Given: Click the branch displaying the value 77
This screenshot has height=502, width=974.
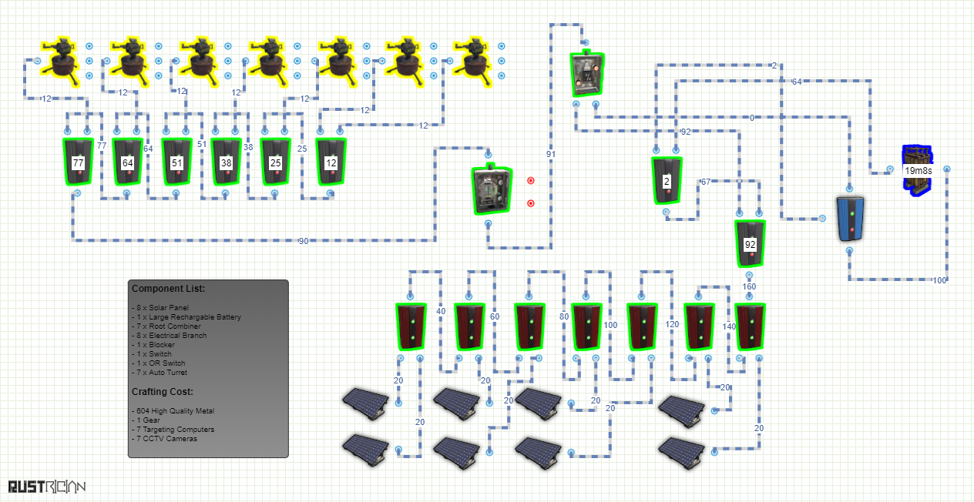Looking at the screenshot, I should coord(78,162).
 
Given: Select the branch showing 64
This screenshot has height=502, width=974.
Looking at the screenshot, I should coord(128,162).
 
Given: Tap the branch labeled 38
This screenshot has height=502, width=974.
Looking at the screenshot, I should coord(227,162).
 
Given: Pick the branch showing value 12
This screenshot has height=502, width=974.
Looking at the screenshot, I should coord(331,162).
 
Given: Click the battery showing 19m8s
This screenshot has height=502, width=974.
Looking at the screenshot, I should coord(917,169).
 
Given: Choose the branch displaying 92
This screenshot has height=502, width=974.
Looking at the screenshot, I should coord(750,244).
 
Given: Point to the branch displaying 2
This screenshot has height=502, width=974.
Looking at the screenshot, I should coord(667,181).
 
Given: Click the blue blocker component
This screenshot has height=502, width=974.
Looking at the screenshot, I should coord(850,219).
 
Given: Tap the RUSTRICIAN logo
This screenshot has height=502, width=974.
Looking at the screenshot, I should coord(46,487).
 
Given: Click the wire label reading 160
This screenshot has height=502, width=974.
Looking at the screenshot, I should coord(749,286).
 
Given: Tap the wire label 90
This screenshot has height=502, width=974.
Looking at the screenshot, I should coord(304,241).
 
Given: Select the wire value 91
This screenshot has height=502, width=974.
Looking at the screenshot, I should coord(551,154).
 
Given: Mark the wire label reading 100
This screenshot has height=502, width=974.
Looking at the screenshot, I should coord(939,279).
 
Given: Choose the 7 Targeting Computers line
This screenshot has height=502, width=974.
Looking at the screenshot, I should coord(173,430).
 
